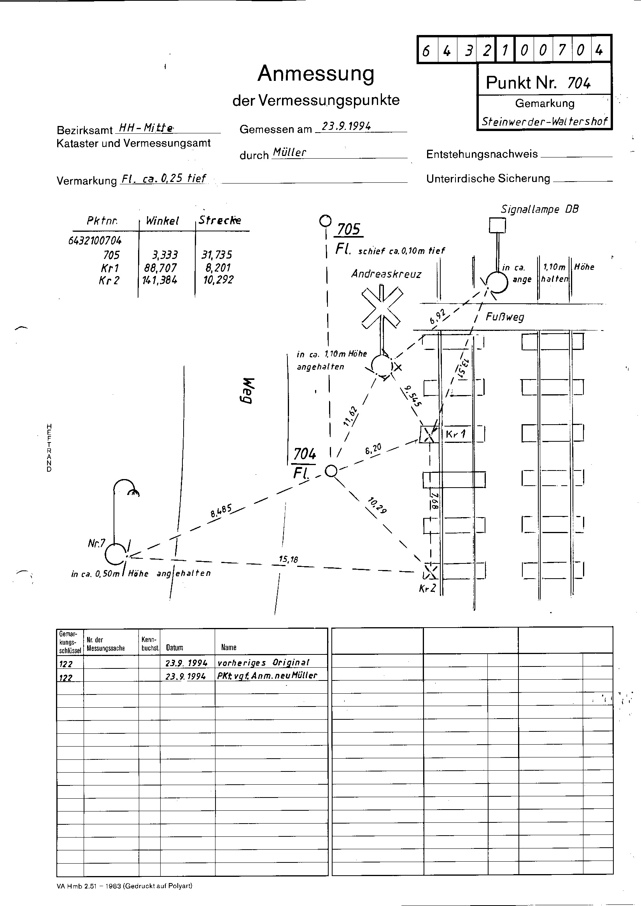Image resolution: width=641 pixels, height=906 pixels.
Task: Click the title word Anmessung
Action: point(316,74)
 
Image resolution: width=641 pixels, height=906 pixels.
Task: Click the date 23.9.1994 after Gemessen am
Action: point(346,126)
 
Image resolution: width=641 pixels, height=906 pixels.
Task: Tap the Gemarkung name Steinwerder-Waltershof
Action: point(545,121)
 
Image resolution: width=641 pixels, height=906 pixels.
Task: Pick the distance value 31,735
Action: point(217,255)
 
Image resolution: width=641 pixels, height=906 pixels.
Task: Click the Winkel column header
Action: point(162,220)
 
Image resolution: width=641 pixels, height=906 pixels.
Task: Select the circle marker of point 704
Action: point(331,471)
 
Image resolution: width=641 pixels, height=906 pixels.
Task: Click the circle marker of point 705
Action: point(325,221)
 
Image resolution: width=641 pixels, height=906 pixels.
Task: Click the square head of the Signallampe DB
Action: point(497,226)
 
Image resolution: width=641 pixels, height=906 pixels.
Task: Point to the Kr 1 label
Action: point(455,434)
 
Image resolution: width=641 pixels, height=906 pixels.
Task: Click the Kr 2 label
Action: point(427,588)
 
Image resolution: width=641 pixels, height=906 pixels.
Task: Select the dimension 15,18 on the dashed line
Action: point(288,559)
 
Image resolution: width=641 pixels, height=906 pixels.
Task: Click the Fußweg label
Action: point(504,317)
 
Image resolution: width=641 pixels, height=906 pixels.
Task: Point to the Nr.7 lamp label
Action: point(96,544)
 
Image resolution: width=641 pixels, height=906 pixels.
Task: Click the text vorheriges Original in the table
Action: point(263,663)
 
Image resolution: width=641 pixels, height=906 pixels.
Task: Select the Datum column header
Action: point(175,647)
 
